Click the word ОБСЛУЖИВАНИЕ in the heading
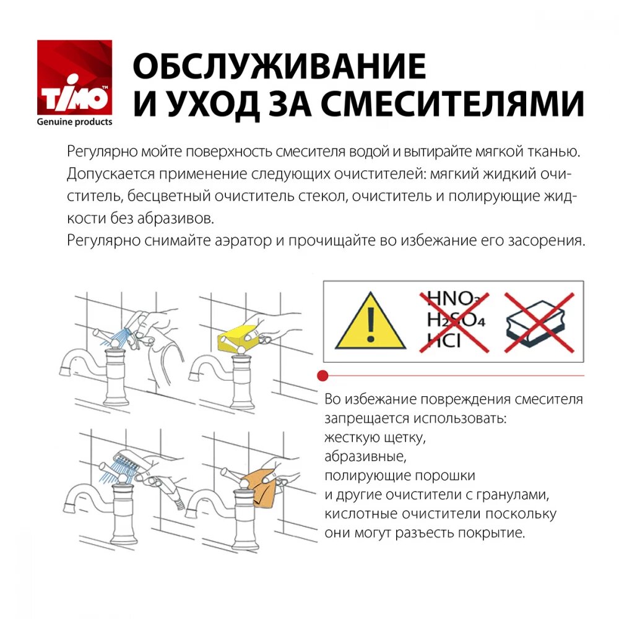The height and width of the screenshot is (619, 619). [279, 66]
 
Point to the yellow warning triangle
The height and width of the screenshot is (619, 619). [371, 322]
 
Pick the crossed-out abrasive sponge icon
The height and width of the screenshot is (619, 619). [538, 323]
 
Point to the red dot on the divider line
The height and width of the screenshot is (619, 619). [322, 376]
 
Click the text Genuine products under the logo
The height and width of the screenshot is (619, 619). [74, 122]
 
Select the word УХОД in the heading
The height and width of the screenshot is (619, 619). [208, 104]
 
